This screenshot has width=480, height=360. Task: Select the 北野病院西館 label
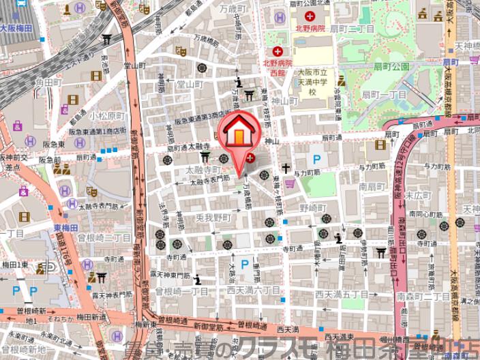pyautogui.click(x=277, y=65)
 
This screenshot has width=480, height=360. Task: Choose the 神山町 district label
pyautogui.click(x=285, y=101)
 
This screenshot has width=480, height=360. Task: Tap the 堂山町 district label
pyautogui.click(x=190, y=85)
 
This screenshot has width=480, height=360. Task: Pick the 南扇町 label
pyautogui.click(x=372, y=185)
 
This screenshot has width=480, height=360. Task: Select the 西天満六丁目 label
pyautogui.click(x=253, y=290)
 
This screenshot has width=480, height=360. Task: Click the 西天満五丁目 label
pyautogui.click(x=341, y=295)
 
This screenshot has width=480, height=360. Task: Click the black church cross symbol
pyautogui.click(x=286, y=168)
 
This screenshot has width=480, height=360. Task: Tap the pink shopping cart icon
pyautogui.click(x=290, y=183)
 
